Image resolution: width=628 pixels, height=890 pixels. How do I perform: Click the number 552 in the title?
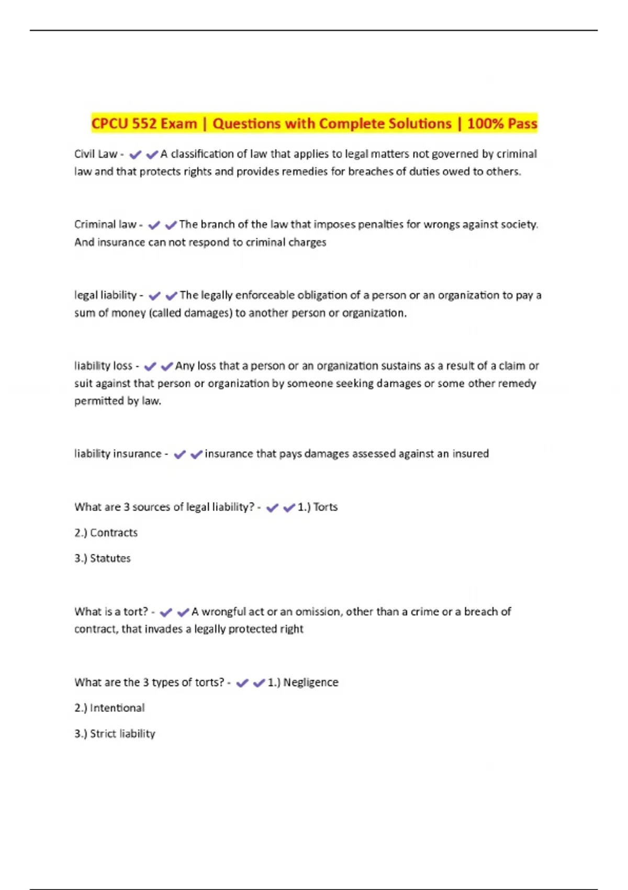coord(143,124)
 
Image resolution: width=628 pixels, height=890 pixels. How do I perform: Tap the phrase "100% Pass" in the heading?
coord(502,124)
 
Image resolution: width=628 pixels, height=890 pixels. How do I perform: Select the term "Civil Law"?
coord(96,154)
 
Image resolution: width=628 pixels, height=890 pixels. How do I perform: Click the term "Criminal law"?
coord(105,225)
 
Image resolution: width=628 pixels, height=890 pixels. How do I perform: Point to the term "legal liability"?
coord(105,295)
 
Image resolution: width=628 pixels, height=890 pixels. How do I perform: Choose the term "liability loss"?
coord(103,366)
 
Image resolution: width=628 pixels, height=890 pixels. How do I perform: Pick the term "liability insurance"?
coord(118,454)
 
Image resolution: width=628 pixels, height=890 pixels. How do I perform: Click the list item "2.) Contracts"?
coord(106,532)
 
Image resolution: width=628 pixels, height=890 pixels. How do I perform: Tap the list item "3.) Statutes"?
coord(103,558)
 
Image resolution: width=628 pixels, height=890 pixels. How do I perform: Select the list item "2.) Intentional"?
coord(109,708)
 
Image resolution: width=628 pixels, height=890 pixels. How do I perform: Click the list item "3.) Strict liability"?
coord(115,733)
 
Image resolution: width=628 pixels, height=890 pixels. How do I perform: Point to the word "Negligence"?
coord(311,682)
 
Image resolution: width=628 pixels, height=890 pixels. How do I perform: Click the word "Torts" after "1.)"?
coord(326,507)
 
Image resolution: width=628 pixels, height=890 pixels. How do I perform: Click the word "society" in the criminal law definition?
coord(518,225)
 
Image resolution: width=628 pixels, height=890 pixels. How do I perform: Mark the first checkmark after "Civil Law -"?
coord(136,154)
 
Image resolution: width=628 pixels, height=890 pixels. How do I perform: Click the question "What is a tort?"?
coord(111,611)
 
